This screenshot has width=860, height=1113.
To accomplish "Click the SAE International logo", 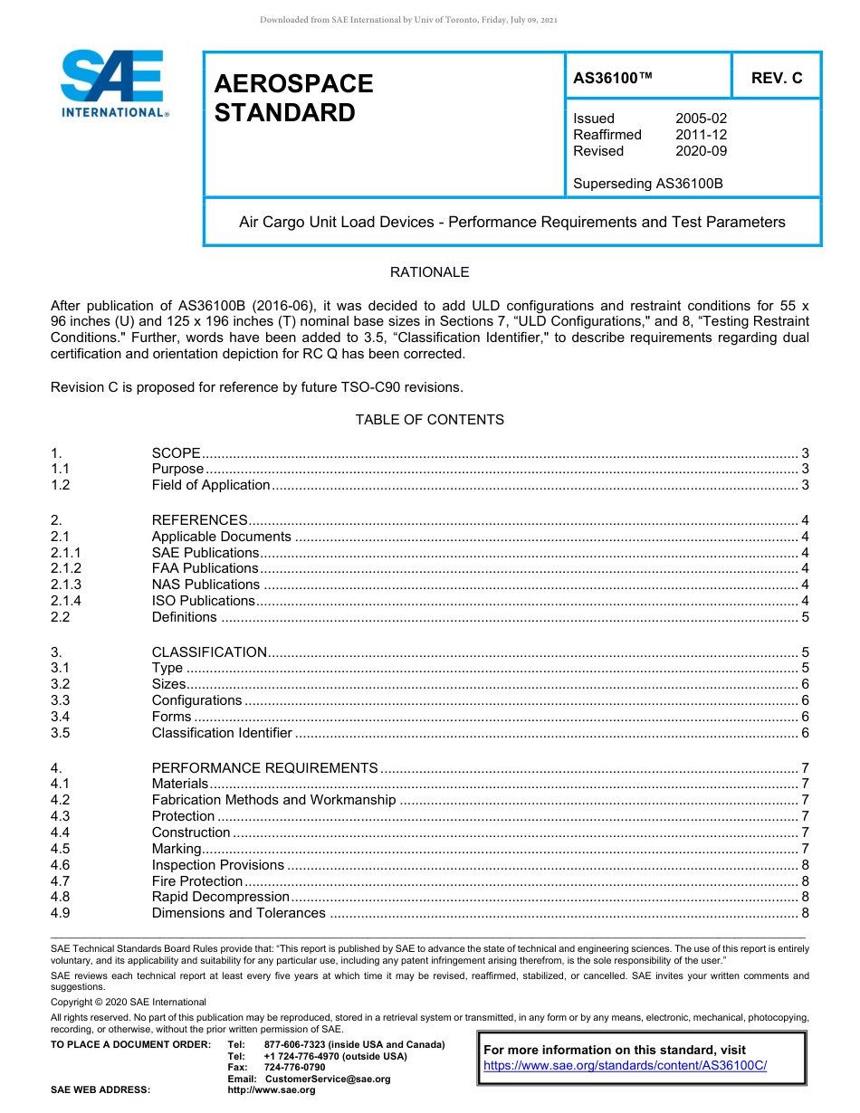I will pyautogui.click(x=113, y=84).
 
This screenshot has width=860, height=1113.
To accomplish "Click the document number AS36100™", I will pyautogui.click(x=613, y=78).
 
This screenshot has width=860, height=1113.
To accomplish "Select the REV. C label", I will pyautogui.click(x=777, y=78).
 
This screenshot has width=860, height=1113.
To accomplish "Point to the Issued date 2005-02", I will pyautogui.click(x=701, y=119).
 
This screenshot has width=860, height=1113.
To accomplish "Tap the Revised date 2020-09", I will pyautogui.click(x=701, y=151).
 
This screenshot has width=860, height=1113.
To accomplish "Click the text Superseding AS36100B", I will pyautogui.click(x=648, y=184).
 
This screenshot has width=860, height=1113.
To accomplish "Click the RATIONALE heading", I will pyautogui.click(x=429, y=272).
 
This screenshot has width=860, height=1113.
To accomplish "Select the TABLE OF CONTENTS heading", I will pyautogui.click(x=429, y=420).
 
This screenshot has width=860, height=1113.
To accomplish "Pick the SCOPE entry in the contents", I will pyautogui.click(x=176, y=452).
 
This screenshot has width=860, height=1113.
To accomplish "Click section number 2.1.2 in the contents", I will pyautogui.click(x=66, y=568).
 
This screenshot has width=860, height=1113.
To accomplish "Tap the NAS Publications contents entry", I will pyautogui.click(x=205, y=585).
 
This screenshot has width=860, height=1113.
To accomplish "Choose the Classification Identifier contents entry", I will pyautogui.click(x=222, y=733).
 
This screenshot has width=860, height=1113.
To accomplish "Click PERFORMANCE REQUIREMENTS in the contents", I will pyautogui.click(x=264, y=767).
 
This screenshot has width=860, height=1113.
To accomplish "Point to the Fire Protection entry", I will pyautogui.click(x=197, y=881).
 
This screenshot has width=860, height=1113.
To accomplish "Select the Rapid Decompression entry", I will pyautogui.click(x=220, y=898).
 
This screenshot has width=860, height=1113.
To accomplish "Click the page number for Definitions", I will pyautogui.click(x=805, y=617).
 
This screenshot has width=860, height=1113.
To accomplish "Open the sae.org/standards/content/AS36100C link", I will pyautogui.click(x=625, y=1066).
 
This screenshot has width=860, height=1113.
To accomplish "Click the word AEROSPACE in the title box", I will pyautogui.click(x=293, y=84).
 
